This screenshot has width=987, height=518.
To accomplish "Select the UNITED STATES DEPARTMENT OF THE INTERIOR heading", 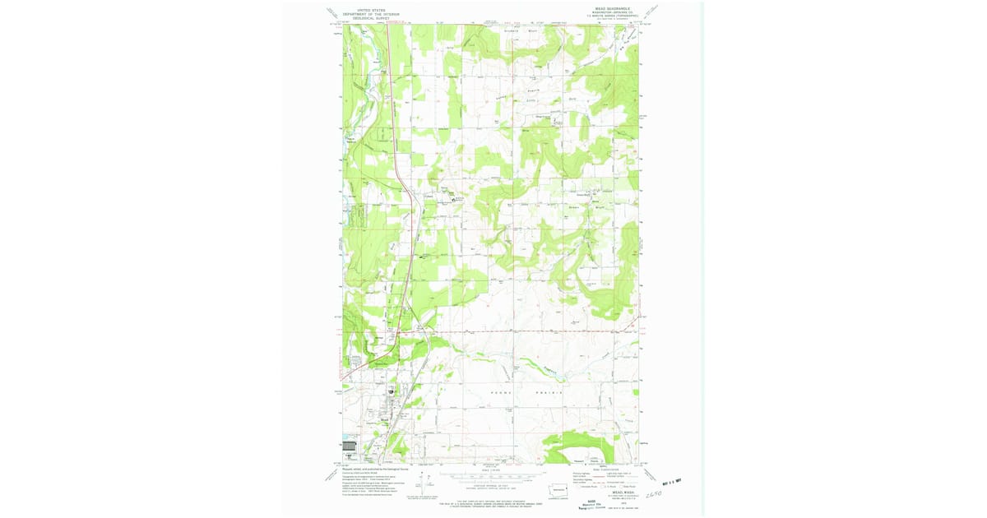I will point(371,13).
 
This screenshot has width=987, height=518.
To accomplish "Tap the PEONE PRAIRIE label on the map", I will point(526,393).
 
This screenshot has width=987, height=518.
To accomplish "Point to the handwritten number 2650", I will point(656,493).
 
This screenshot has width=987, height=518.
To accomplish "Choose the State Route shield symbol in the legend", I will point(627,486).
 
